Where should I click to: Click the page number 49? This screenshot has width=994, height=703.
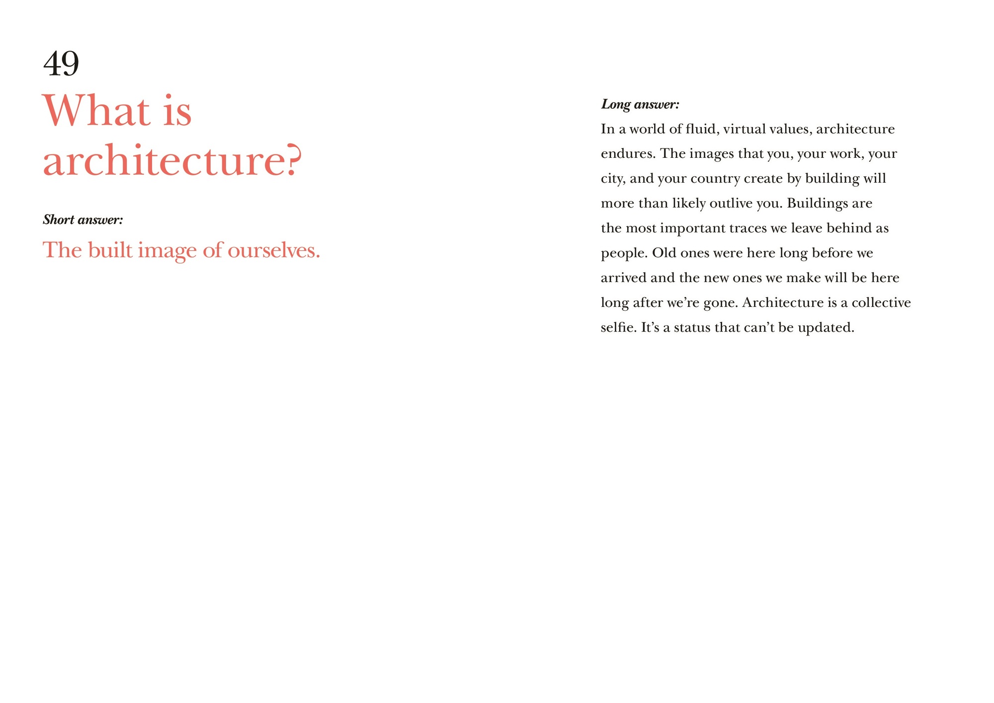[x=61, y=64]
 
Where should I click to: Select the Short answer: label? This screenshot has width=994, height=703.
[x=83, y=219]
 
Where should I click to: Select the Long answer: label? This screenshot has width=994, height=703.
[x=640, y=104]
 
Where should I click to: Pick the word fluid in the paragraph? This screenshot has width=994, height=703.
[x=700, y=129]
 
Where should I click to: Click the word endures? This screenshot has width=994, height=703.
[x=628, y=154]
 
